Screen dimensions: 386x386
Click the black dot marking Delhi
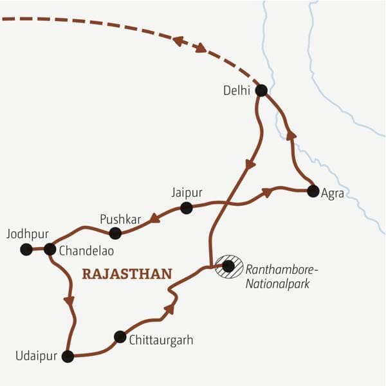(261, 91)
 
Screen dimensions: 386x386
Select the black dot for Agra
(313, 191)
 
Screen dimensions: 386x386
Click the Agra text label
(332, 194)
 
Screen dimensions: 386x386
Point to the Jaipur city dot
(186, 208)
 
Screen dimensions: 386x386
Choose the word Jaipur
(187, 192)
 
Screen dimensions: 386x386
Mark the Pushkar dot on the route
(115, 234)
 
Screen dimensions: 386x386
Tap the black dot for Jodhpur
(26, 250)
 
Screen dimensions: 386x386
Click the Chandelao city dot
(50, 249)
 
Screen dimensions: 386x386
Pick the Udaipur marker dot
(68, 356)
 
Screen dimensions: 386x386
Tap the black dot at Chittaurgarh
(120, 336)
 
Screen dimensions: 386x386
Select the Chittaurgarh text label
(161, 339)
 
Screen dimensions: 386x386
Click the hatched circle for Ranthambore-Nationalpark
(228, 266)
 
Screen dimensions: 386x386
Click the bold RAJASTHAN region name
(127, 274)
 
